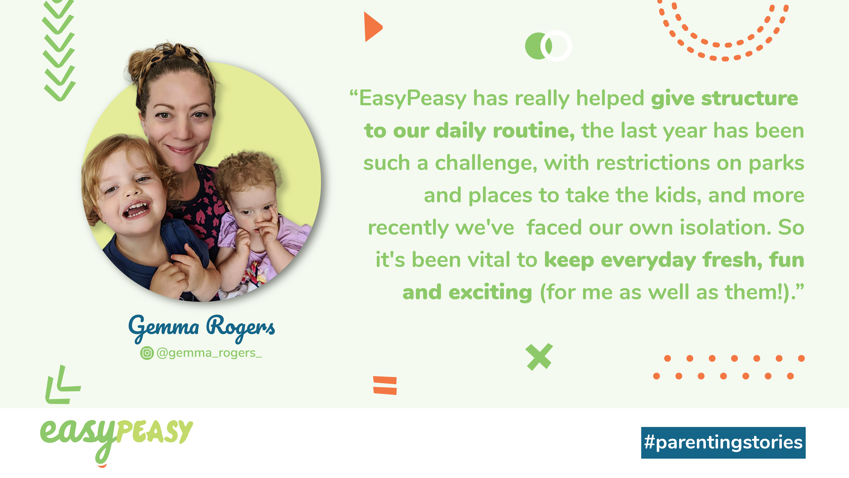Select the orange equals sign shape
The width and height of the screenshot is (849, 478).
click(x=385, y=385)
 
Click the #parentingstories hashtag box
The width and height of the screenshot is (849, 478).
click(x=723, y=443)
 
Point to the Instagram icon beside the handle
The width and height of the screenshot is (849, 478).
click(x=147, y=353)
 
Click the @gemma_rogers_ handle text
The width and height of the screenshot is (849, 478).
click(x=209, y=353)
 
